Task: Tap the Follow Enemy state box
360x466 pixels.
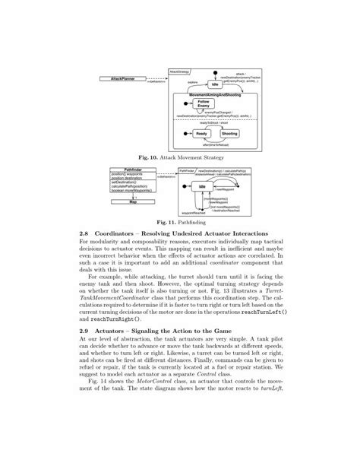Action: pos(203,103)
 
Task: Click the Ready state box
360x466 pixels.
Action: pos(201,134)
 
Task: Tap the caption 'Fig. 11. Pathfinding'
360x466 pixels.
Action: pos(179,221)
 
